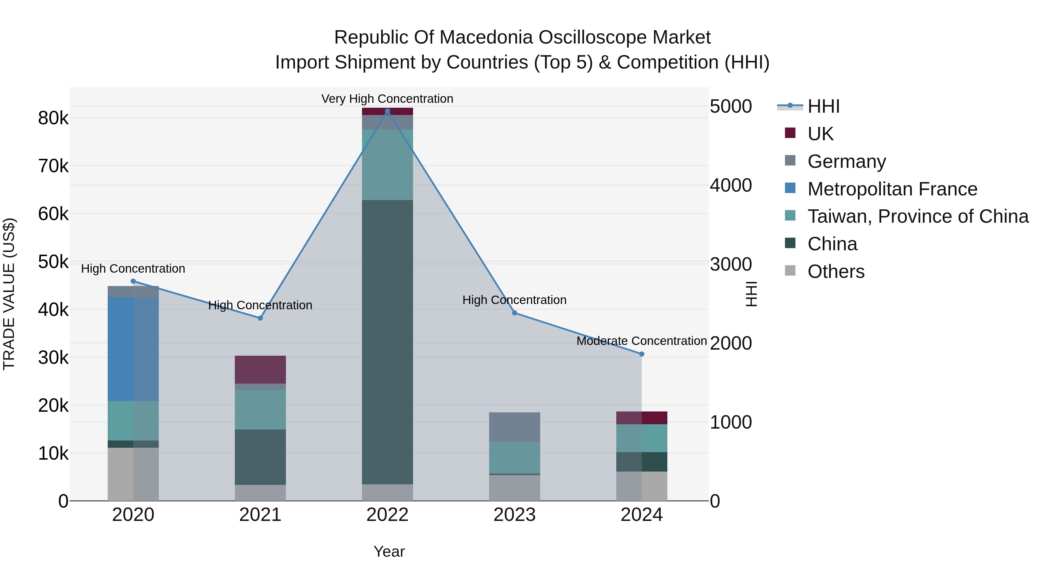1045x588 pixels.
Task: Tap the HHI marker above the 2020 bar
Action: [133, 281]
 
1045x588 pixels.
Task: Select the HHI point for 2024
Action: [641, 354]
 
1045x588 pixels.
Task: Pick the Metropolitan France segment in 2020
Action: [133, 349]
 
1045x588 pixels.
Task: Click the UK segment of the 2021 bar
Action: [260, 369]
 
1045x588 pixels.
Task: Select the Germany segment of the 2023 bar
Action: [514, 427]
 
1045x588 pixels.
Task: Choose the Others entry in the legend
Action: [836, 271]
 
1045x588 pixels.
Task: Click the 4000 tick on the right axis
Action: [731, 186]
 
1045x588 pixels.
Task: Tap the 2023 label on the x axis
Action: [514, 515]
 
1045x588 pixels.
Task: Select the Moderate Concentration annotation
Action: [641, 341]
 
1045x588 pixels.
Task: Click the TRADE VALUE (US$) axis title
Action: [9, 294]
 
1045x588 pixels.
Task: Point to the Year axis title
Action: [389, 551]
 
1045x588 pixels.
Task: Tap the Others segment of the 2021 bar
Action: [260, 493]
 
